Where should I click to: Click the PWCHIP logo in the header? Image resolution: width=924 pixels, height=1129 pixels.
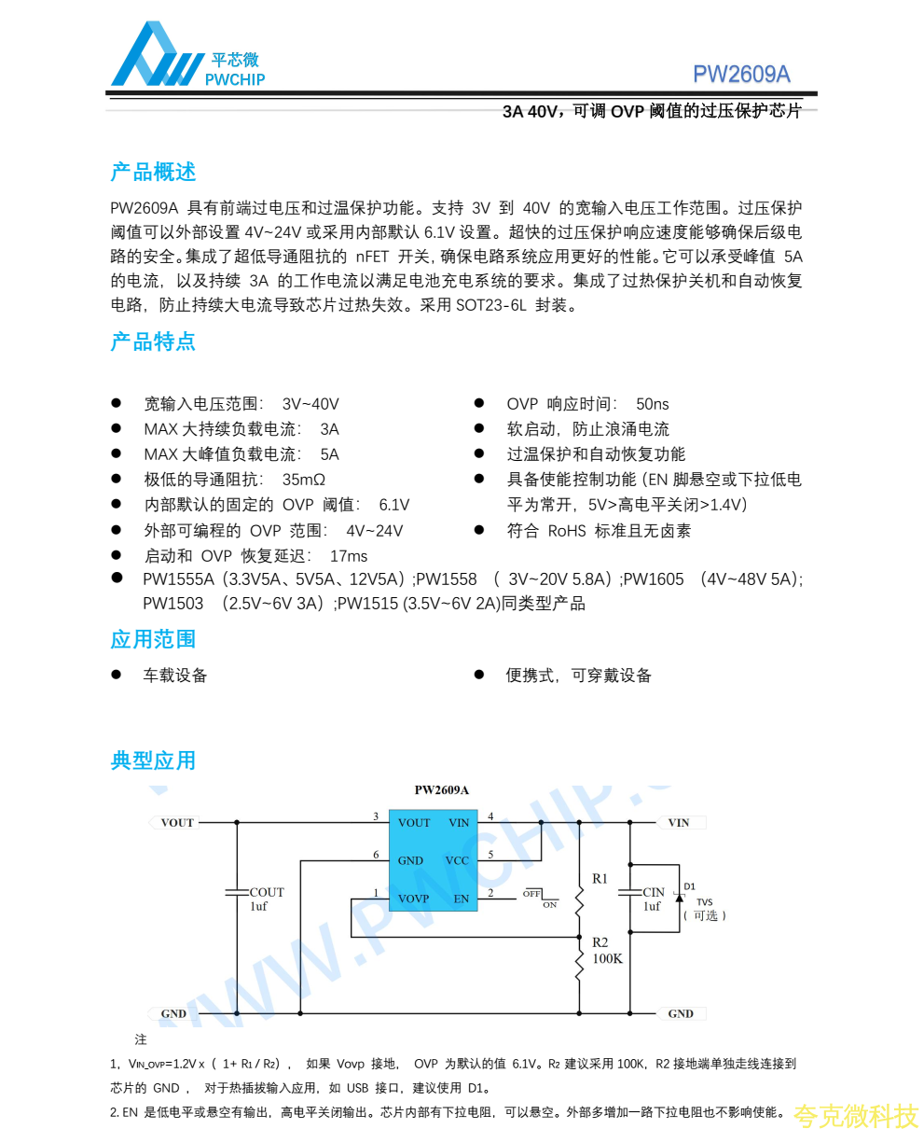[x=186, y=58]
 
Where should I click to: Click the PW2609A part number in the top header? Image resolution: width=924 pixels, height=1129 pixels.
[x=741, y=75]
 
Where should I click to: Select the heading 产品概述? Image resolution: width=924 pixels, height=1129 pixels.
[x=153, y=172]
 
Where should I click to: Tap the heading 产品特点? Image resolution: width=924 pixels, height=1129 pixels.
[x=153, y=341]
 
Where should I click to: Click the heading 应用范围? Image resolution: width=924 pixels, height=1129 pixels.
[x=153, y=639]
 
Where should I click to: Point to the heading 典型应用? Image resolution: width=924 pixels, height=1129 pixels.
[x=153, y=760]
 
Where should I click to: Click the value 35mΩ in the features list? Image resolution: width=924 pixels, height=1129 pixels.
[x=303, y=480]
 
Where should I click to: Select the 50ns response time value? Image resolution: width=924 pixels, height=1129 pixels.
[x=652, y=404]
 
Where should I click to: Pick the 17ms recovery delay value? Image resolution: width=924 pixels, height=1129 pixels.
[x=349, y=556]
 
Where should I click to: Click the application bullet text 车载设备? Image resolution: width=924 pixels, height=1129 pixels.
[x=175, y=675]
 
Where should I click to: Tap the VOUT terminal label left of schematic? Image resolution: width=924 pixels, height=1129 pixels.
[x=177, y=823]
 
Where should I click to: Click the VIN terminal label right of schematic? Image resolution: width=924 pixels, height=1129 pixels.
[x=679, y=823]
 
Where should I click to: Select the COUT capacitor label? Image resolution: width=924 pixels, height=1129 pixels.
[x=267, y=893]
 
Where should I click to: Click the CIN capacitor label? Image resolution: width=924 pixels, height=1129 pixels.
[x=654, y=893]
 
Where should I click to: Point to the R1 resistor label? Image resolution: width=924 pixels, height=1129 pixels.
[x=600, y=879]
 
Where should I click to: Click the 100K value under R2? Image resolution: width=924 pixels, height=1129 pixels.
[x=607, y=959]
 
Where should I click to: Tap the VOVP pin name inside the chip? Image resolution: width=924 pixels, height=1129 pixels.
[x=413, y=899]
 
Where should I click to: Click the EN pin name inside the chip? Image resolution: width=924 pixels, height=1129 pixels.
[x=461, y=899]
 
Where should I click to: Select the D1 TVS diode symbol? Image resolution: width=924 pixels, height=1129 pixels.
[x=680, y=897]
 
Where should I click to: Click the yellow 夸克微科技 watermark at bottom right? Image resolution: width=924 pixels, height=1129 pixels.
[x=856, y=1115]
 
